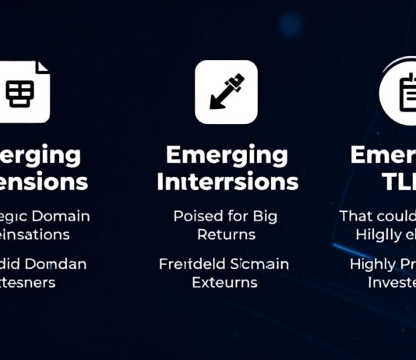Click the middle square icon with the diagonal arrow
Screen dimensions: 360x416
coord(226,92)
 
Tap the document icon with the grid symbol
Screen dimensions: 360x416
coord(22,92)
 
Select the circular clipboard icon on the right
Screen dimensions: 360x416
coord(403,91)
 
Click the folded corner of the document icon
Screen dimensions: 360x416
coord(43,67)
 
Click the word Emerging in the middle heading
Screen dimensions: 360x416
coord(227,154)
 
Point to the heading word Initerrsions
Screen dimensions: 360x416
coord(227,182)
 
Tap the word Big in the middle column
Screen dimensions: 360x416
coord(264,216)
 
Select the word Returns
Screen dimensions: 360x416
coord(227,234)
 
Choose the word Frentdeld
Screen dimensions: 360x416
coord(192,265)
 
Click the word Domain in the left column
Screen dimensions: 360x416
coord(61,216)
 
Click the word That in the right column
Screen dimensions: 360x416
coord(357,216)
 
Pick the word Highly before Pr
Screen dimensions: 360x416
coord(372,265)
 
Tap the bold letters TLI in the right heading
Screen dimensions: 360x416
coord(400,182)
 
